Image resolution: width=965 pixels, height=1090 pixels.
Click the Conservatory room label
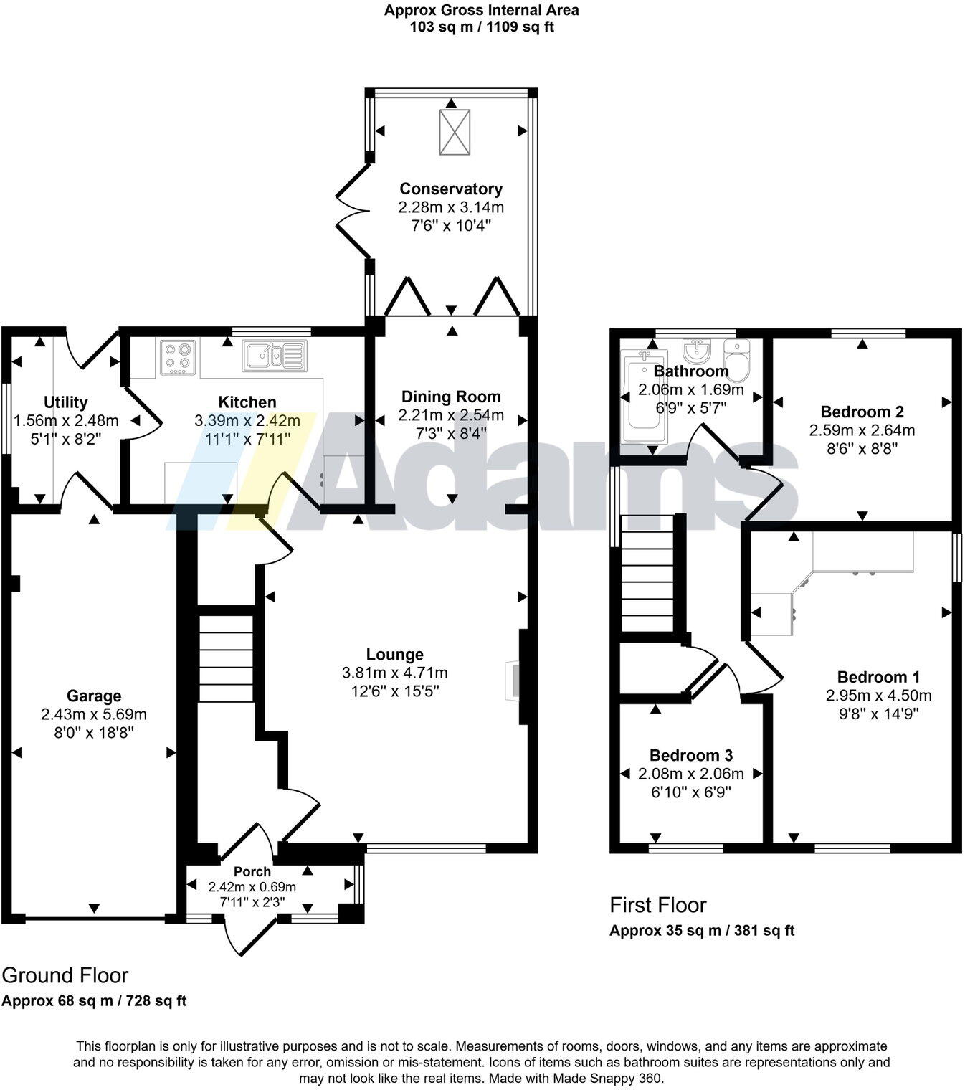(451, 189)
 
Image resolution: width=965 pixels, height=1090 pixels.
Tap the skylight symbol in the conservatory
(455, 132)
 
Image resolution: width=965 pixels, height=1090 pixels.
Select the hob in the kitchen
(178, 356)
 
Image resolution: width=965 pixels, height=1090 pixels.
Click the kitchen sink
(275, 355)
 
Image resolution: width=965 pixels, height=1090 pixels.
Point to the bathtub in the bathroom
(644, 397)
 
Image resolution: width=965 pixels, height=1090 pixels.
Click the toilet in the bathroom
(736, 359)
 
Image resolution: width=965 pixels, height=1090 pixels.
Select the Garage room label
(94, 696)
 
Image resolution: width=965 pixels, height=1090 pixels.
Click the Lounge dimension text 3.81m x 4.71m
(395, 673)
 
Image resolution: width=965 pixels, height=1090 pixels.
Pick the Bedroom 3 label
(690, 755)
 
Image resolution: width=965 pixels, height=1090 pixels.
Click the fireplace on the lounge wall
(513, 681)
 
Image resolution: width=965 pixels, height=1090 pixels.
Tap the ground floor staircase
(226, 658)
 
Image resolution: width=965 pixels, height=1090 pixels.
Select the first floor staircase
(647, 574)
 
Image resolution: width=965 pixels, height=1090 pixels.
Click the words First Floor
(658, 905)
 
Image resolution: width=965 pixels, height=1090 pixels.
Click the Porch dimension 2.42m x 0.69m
(252, 886)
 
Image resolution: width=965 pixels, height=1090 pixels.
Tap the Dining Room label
(451, 397)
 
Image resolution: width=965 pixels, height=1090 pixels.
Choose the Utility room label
(66, 402)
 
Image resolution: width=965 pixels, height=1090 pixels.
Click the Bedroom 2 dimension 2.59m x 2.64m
(862, 430)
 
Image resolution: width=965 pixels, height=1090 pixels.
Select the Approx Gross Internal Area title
(481, 10)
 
